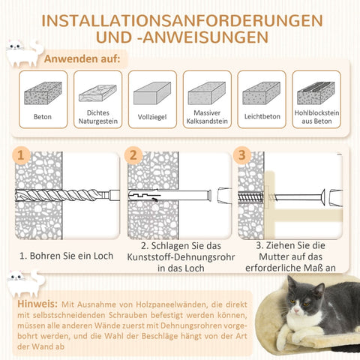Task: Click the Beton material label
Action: tap(43, 117)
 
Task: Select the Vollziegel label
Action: tap(152, 117)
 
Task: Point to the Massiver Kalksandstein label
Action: tap(207, 117)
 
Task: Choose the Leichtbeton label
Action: tap(262, 117)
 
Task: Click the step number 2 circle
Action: tap(133, 155)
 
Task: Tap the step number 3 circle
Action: tap(241, 155)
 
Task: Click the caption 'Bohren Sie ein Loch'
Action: tap(66, 256)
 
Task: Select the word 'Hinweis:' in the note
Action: tap(39, 304)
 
